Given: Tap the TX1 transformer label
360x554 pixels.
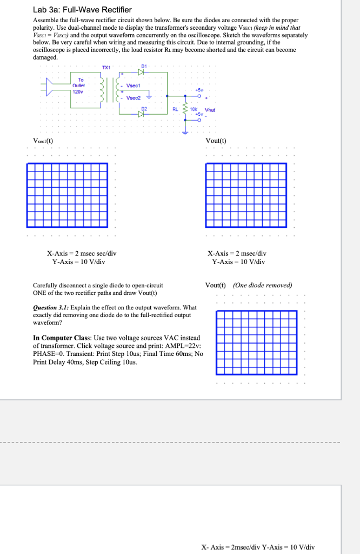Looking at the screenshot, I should [x=106, y=67].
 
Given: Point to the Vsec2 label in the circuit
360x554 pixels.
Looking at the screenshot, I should [x=134, y=98].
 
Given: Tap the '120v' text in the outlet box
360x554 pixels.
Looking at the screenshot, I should [x=79, y=91].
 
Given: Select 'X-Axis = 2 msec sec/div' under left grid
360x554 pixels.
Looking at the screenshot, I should [x=82, y=253].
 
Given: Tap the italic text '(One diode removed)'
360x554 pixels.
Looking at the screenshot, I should [x=262, y=285].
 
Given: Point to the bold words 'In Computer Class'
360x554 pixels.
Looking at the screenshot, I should [x=62, y=338].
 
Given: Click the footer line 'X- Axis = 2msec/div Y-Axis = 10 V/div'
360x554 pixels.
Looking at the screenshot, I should [x=258, y=547].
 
